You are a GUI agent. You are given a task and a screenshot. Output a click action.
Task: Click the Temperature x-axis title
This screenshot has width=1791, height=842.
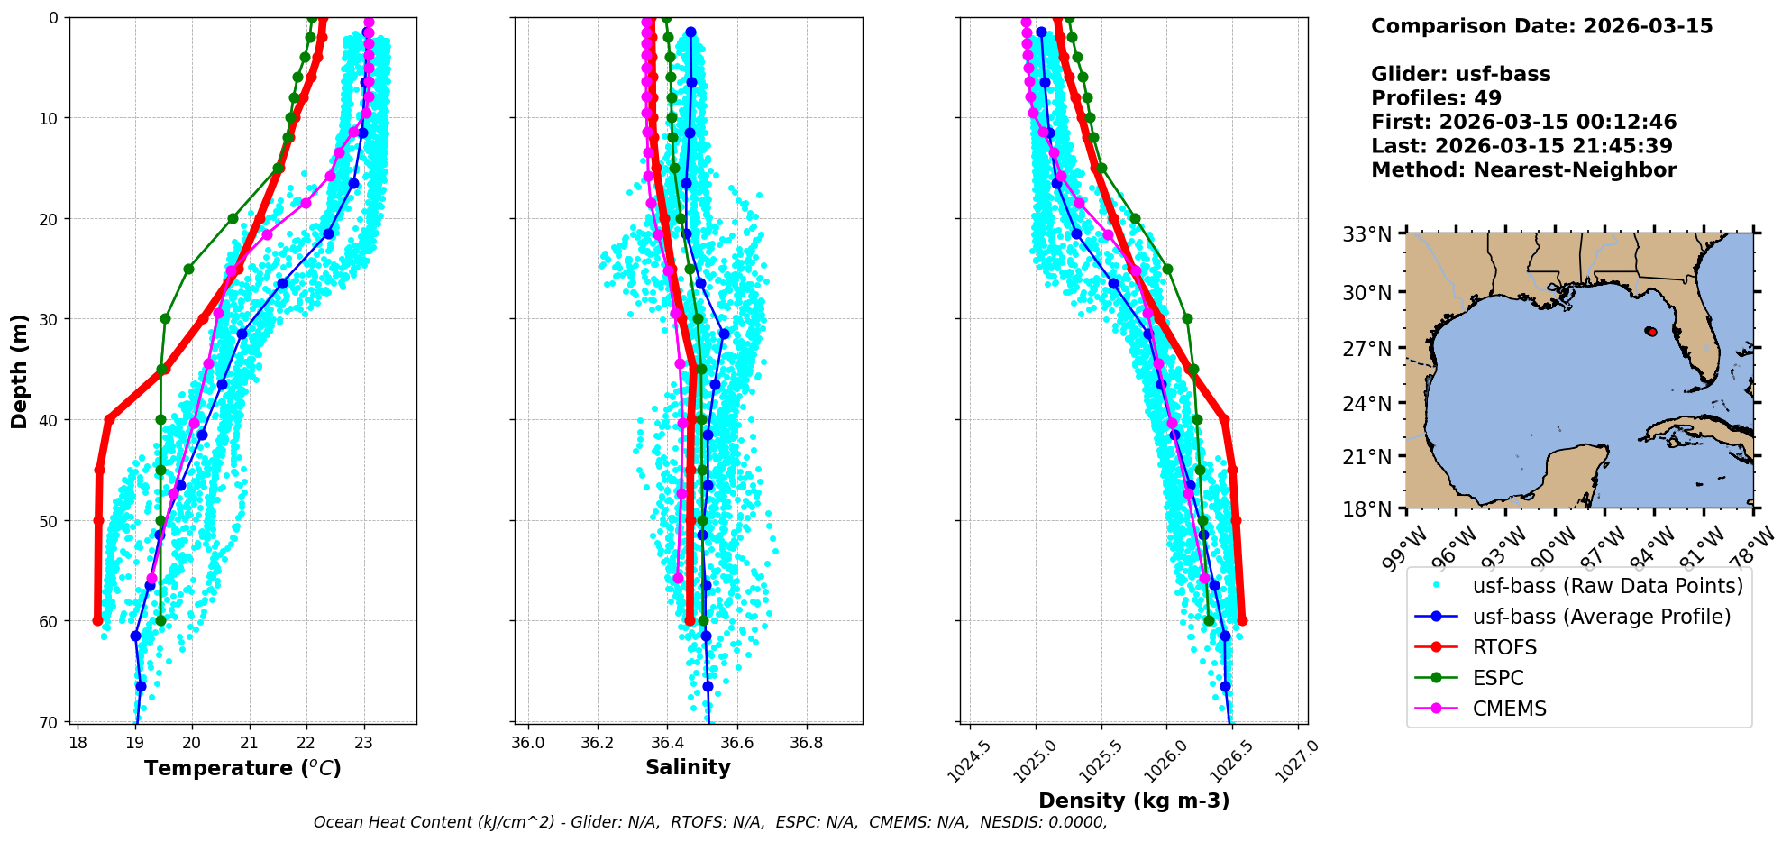pos(242,768)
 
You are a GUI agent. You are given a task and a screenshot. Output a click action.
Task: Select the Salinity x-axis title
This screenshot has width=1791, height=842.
pos(688,767)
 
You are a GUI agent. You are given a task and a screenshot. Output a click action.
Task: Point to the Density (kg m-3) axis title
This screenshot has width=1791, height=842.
pos(1134,801)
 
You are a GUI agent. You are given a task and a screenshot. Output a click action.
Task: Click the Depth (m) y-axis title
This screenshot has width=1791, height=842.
pos(20,371)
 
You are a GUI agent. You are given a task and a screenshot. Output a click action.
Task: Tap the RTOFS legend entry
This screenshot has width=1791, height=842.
pos(1504,647)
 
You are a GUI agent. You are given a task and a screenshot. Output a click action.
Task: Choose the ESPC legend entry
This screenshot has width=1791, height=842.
pos(1498,678)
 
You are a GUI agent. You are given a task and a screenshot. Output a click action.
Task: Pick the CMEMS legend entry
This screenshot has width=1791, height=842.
pos(1509,709)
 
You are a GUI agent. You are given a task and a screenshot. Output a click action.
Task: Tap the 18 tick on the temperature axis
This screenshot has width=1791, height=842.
pos(78,744)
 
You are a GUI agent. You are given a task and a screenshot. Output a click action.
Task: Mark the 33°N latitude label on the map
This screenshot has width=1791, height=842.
pos(1367,234)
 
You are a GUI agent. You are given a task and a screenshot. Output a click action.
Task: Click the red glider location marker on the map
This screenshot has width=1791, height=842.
pos(1651,332)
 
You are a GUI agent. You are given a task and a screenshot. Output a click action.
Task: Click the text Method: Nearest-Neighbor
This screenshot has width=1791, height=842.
pos(1523,169)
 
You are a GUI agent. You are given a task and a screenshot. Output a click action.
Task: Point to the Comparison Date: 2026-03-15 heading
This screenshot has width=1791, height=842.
pos(1541,26)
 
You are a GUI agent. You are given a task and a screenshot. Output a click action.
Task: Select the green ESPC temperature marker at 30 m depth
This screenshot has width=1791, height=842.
pos(166,318)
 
